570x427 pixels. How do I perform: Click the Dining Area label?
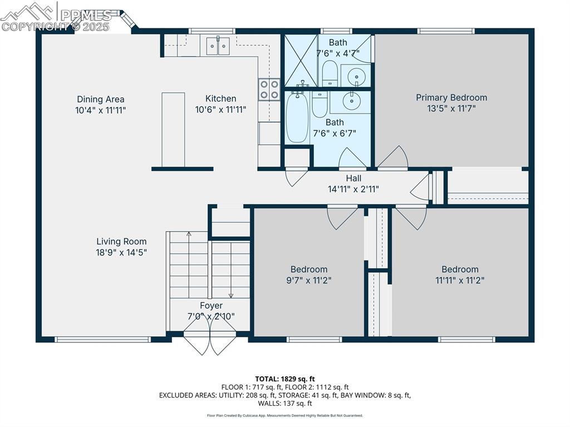pos(101,100)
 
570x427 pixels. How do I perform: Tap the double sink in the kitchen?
pos(218,46)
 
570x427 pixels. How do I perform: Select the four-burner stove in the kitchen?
pos(269,90)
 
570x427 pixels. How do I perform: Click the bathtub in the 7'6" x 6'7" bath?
pos(297,117)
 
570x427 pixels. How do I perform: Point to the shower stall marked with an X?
pos(301,61)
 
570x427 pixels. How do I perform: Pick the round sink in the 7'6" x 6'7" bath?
pos(350,101)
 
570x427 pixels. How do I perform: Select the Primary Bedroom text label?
pos(451,97)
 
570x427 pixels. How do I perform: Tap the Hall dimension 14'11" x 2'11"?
pos(353,189)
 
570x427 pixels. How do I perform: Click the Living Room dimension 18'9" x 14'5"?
pos(121,252)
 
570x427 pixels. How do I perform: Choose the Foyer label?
pos(212,306)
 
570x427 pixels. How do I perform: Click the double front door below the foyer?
pos(210,343)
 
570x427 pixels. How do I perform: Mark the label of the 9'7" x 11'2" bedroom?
pos(309,269)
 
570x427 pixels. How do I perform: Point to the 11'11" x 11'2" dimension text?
pos(460,280)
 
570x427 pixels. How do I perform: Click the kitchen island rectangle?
pos(173,130)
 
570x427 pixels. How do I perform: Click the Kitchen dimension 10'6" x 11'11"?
pos(220,110)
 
